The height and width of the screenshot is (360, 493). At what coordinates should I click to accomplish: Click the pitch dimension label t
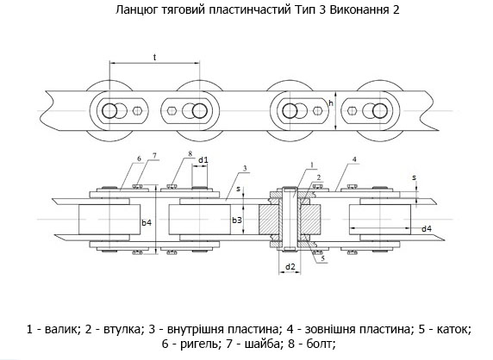pos(154,57)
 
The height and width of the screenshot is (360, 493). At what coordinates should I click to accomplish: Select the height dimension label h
pos(331,102)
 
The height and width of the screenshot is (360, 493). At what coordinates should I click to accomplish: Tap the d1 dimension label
pos(203,160)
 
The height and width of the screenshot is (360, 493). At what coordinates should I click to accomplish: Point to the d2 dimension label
pos(290,267)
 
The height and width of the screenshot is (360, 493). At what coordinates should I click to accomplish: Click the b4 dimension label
pos(147,222)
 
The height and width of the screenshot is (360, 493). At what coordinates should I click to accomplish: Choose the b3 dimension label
pos(237,220)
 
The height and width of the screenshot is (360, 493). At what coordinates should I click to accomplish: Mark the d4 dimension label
pos(427,229)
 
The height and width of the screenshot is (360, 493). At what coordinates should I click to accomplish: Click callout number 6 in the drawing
pos(140,158)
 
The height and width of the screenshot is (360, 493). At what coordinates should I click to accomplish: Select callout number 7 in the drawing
pos(154,155)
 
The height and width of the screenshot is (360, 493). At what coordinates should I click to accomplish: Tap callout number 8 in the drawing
pos(190,153)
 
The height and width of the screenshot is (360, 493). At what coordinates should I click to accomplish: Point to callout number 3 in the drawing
pos(245,169)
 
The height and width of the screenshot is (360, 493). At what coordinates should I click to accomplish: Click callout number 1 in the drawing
pos(312,164)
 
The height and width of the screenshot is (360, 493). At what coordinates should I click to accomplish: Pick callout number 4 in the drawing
pos(354,159)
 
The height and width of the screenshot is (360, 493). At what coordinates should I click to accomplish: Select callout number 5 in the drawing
pos(322,258)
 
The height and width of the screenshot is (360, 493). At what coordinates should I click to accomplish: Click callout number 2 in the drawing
pos(319,177)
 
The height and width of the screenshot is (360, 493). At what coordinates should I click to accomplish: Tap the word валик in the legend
pos(60,329)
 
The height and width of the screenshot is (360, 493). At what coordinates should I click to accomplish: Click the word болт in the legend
pos(318,344)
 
